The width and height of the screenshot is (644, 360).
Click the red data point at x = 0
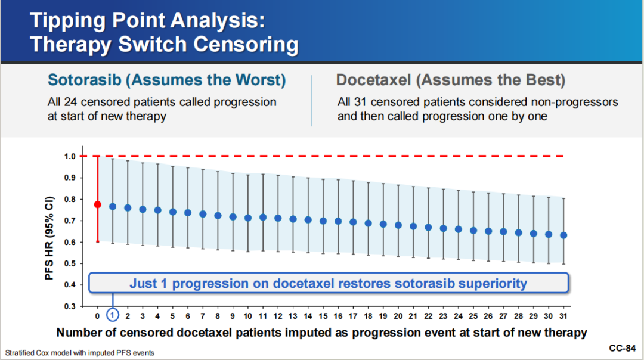97,204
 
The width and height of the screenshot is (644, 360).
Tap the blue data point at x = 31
563,235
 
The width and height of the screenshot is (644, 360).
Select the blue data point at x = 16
338,221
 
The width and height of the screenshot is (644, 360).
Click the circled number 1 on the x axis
113,315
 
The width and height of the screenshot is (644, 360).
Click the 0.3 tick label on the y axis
70,306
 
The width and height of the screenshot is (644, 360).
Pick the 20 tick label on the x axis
398,316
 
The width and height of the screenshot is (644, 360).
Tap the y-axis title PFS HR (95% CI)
49,238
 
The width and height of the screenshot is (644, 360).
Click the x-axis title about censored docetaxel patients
321,333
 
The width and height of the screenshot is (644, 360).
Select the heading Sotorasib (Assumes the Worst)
167,80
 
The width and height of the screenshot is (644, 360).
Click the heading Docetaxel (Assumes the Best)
451,80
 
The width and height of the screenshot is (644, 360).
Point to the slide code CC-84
622,348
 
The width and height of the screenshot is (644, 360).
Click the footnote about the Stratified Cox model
80,353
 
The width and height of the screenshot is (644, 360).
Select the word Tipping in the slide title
68,21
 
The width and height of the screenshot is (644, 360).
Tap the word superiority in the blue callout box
493,283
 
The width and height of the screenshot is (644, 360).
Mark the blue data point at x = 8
218,216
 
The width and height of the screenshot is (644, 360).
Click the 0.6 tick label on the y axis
70,242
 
